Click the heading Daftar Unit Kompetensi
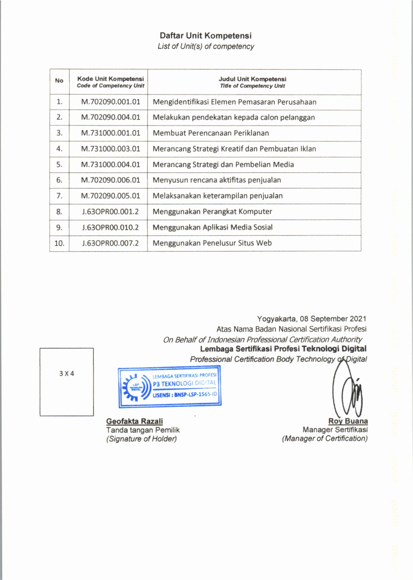coord(206,36)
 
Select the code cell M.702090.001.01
coord(111,102)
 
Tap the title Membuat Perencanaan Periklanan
coord(211,133)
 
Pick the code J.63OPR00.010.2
coord(110,227)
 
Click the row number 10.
coord(59,243)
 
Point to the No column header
coord(59,81)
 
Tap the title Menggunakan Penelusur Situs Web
coord(212,243)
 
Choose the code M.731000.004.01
coord(111,165)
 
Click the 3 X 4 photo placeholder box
coord(67,382)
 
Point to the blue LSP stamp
coord(170,387)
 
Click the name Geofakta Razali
coord(134,421)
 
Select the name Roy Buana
coord(348,421)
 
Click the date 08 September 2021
coord(333,319)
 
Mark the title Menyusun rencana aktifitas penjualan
coord(217,180)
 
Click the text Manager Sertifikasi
coord(335,430)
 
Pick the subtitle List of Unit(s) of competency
coord(206,46)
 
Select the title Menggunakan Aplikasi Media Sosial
coord(212,227)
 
